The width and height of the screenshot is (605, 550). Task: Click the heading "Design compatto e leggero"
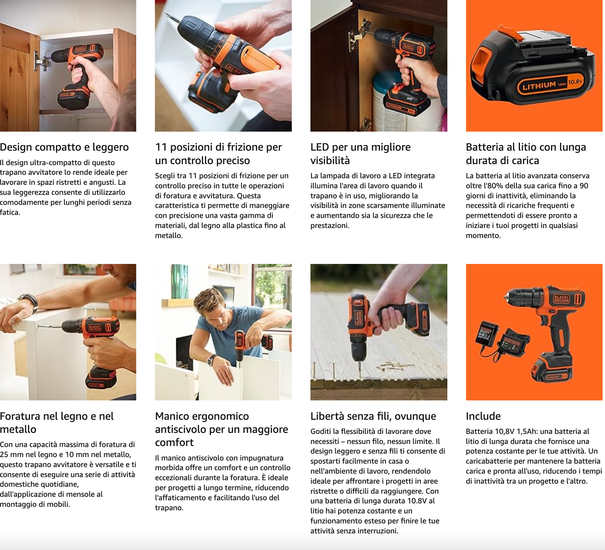click(64, 147)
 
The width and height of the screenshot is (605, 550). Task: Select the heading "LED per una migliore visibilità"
click(361, 154)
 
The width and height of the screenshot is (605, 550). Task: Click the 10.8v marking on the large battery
click(576, 82)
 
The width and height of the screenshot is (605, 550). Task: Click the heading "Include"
click(483, 416)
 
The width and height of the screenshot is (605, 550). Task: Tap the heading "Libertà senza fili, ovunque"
click(373, 416)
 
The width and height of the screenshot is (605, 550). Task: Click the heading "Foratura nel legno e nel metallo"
click(57, 423)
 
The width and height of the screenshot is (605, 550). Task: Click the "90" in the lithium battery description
click(584, 186)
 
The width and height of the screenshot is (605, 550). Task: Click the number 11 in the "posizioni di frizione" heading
click(161, 147)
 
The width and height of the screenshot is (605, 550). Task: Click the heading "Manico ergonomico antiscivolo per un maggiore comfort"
click(222, 429)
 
